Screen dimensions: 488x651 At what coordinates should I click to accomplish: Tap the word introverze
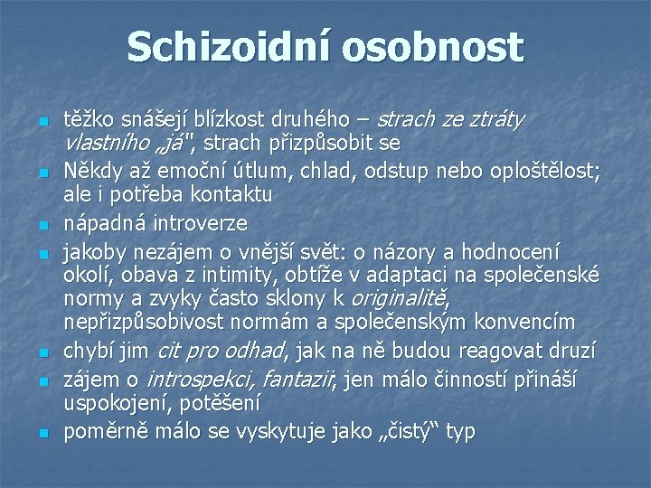coord(199,223)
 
